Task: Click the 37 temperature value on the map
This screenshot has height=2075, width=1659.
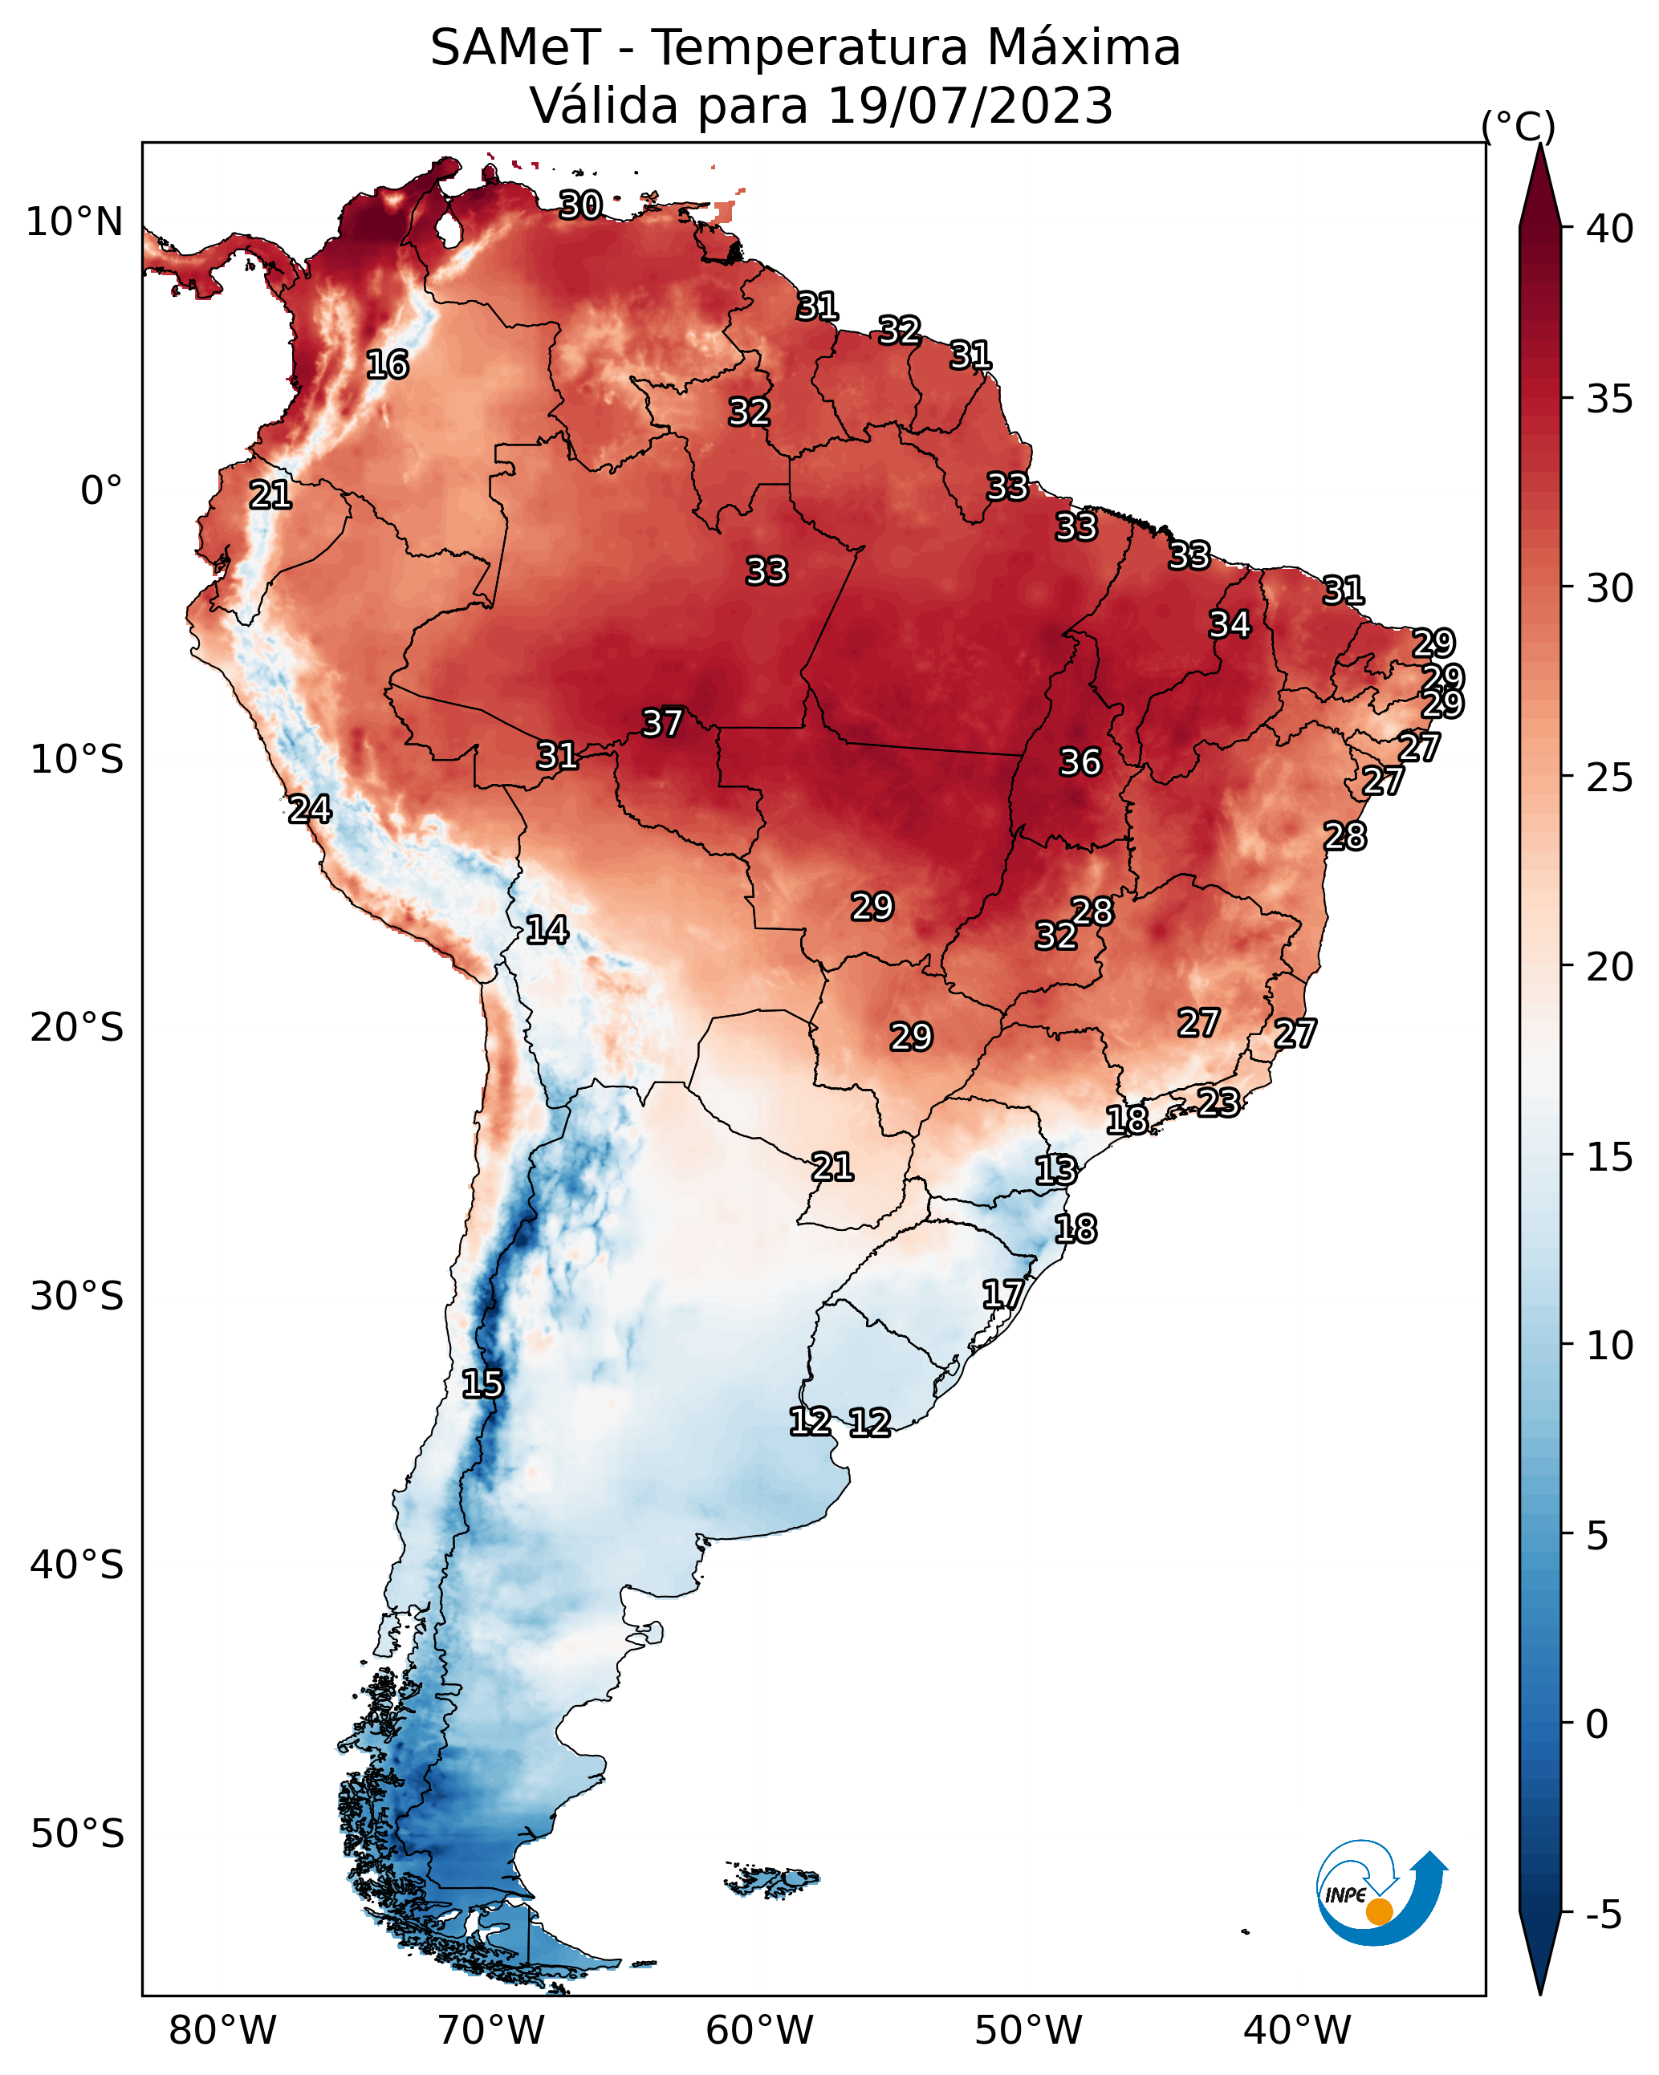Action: point(662,723)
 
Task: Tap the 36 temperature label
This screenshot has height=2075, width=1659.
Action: point(1080,762)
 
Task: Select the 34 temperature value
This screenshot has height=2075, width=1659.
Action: point(1230,624)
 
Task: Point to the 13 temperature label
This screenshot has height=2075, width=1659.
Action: point(1055,1171)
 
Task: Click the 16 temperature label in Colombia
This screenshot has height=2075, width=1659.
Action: point(387,365)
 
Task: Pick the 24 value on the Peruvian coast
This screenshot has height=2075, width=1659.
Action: point(310,810)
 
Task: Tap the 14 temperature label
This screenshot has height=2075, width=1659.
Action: point(546,930)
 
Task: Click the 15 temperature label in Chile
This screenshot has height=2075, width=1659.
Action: point(482,1384)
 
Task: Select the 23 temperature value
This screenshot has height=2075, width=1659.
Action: point(1218,1102)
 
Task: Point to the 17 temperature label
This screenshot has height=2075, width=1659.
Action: point(1002,1293)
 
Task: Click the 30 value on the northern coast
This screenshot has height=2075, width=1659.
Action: point(580,205)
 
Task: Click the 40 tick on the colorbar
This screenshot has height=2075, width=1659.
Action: point(1610,229)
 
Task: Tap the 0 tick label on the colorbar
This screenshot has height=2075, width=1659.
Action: point(1597,1724)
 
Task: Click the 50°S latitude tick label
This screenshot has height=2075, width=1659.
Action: point(77,1833)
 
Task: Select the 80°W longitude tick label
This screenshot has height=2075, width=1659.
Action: point(222,2030)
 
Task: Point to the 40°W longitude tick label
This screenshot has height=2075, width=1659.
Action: point(1297,2030)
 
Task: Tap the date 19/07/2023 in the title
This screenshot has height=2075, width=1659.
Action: point(970,106)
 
